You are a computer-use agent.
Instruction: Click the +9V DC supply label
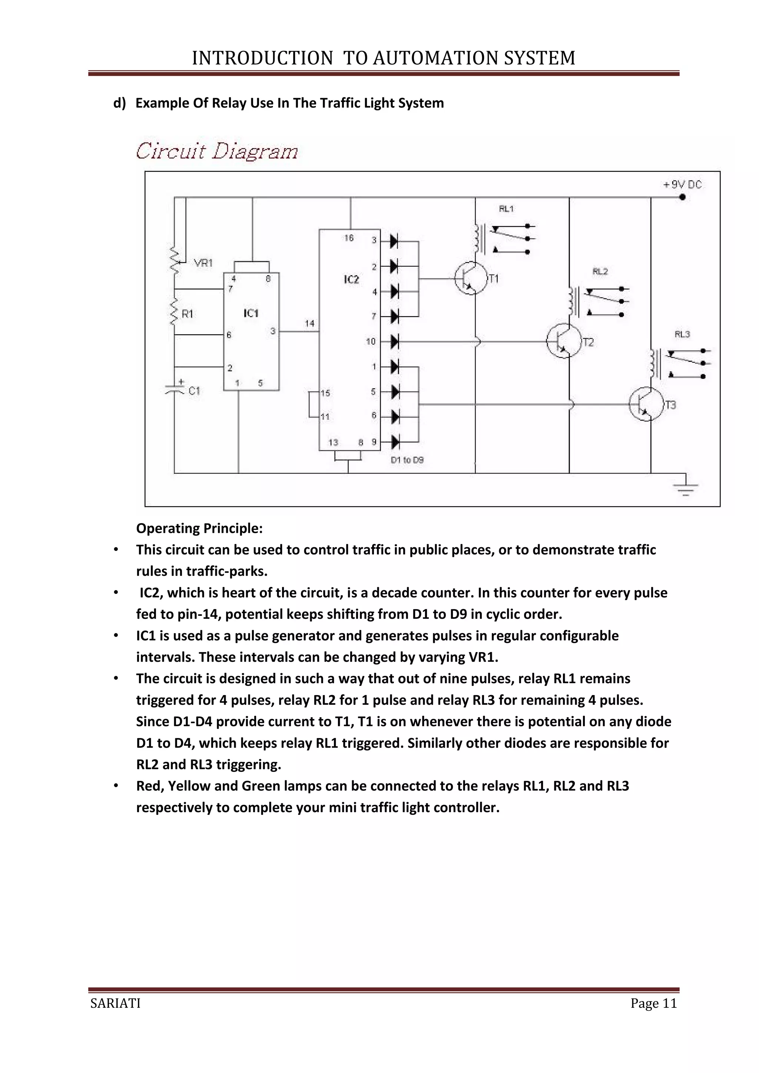point(682,185)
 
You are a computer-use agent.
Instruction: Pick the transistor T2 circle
point(564,341)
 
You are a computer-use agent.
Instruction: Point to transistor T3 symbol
point(646,404)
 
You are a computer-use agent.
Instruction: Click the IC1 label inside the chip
point(251,313)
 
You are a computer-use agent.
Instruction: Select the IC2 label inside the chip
point(351,279)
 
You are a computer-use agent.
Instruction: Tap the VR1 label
point(203,263)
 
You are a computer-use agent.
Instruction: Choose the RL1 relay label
point(506,209)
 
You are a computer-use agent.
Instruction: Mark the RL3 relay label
point(682,334)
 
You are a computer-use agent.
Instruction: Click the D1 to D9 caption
point(407,460)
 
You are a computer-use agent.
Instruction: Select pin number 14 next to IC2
point(309,323)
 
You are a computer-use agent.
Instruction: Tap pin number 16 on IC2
point(349,238)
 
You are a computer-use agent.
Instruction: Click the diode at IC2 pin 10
point(394,342)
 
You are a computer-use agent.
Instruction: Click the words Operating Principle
point(199,529)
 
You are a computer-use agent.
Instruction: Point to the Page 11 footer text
point(653,1003)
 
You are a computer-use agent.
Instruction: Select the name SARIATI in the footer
point(115,1003)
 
